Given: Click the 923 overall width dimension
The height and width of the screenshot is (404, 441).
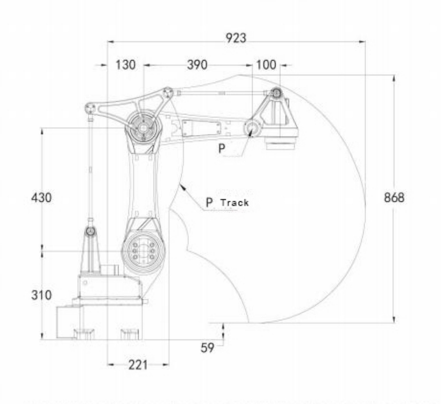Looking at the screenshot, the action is click(x=236, y=38).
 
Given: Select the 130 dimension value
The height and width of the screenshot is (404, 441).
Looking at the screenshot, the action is click(x=125, y=65).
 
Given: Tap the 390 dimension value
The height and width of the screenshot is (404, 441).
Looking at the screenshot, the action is click(x=197, y=65).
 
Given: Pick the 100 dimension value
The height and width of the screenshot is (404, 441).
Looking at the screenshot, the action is click(x=266, y=65).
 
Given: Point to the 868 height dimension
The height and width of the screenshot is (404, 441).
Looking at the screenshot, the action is click(x=394, y=197).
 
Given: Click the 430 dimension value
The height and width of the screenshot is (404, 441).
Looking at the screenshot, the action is click(x=42, y=197).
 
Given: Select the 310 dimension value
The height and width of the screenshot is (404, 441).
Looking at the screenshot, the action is click(x=42, y=295).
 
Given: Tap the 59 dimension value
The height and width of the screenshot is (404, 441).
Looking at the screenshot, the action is click(x=207, y=348).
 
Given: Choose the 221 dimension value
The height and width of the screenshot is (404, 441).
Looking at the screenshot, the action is click(x=138, y=365).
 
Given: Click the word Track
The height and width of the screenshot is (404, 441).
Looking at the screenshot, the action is click(x=235, y=202).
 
